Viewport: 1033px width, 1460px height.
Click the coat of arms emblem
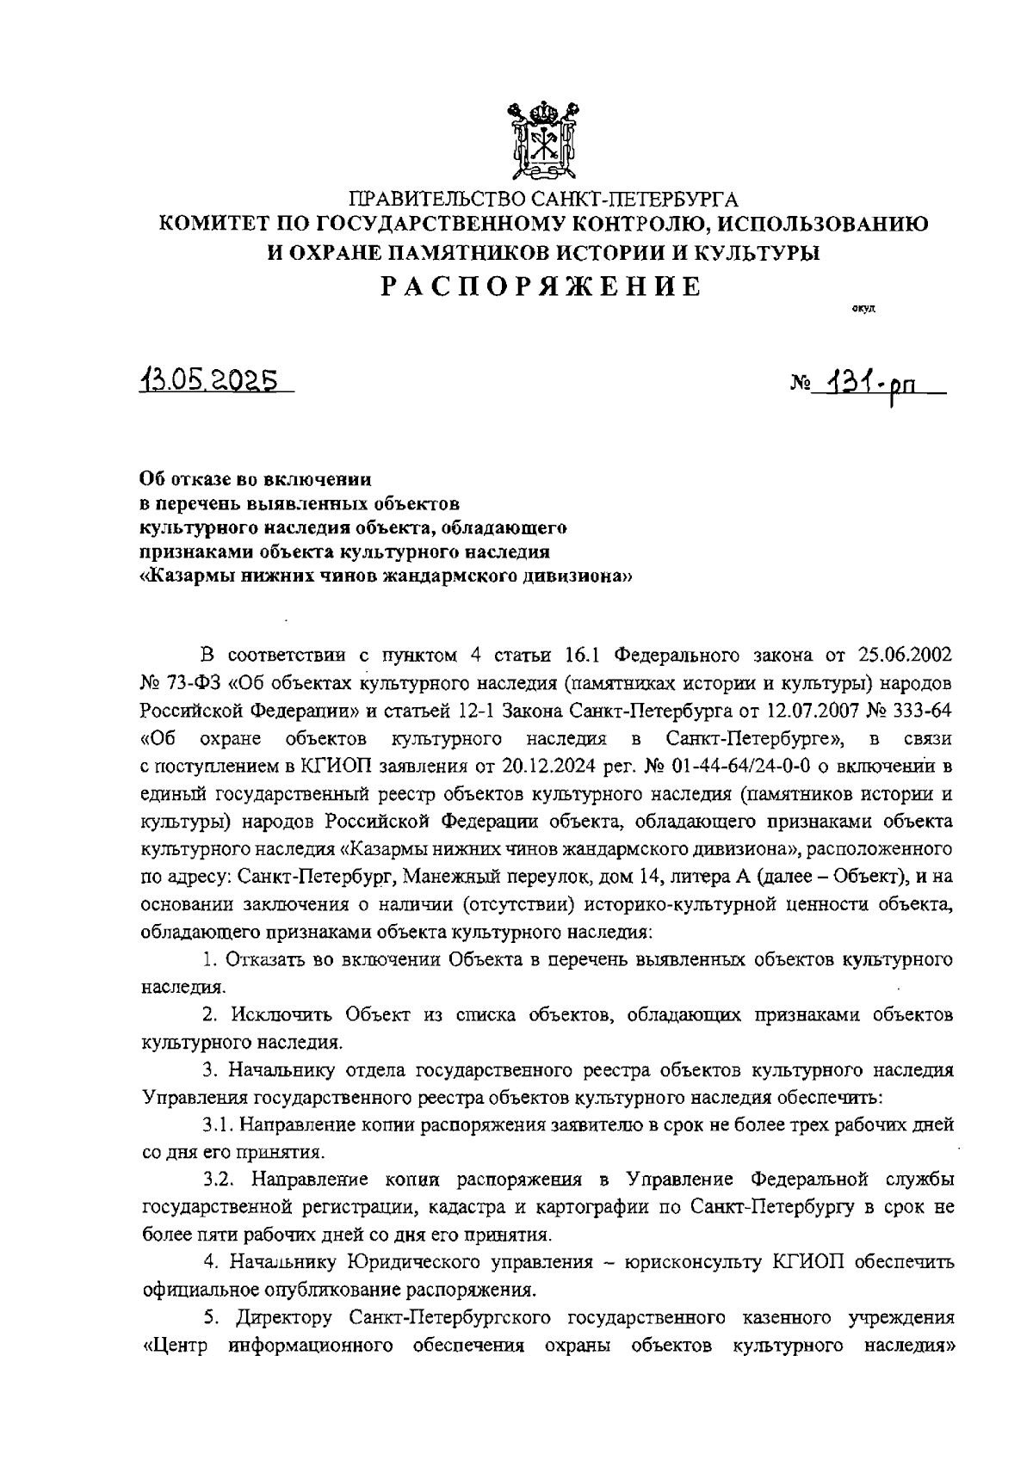point(542,140)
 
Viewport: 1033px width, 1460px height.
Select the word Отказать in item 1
point(262,959)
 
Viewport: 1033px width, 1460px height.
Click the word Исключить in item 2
point(267,1014)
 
